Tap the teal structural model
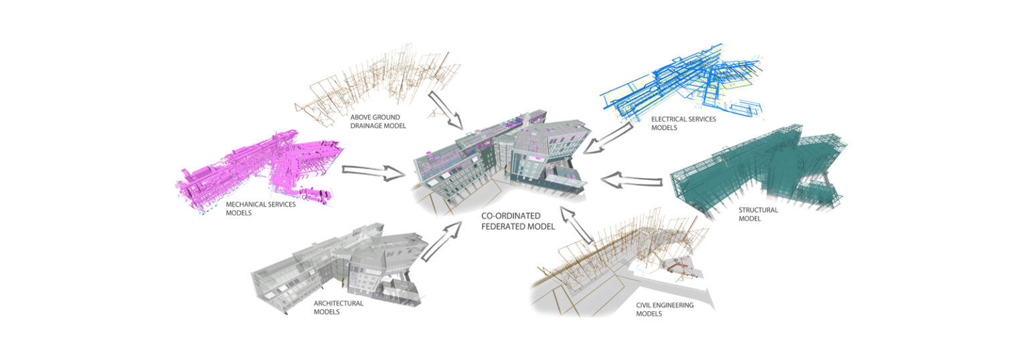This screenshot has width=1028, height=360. click(x=757, y=170)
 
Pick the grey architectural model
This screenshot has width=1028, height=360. click(x=339, y=266)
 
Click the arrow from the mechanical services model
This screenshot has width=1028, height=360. click(x=373, y=173)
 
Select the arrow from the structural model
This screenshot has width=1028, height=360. click(x=632, y=180)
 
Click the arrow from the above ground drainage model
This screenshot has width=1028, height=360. click(x=445, y=110)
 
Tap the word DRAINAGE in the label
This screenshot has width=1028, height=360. click(x=366, y=126)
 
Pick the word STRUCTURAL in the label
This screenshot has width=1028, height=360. click(x=758, y=210)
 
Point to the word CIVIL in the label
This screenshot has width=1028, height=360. click(x=644, y=305)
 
